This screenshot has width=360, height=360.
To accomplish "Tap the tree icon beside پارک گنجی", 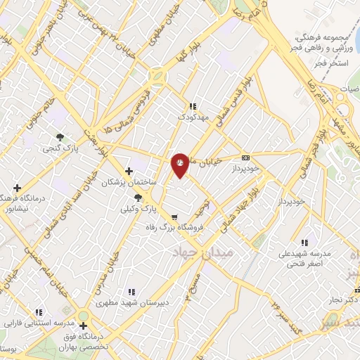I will [60, 138].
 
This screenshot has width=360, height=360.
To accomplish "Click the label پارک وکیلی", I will [136, 210].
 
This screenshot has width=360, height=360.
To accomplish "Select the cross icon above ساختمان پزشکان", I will [128, 171].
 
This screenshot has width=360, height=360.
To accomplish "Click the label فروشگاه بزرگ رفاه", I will [179, 227].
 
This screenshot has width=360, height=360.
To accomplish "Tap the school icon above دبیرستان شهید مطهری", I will [131, 292].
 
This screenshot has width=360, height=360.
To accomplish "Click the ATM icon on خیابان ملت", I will [245, 157].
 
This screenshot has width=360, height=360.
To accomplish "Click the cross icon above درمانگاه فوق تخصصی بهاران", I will [84, 326].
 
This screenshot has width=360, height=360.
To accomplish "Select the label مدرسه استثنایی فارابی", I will [38, 323].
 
